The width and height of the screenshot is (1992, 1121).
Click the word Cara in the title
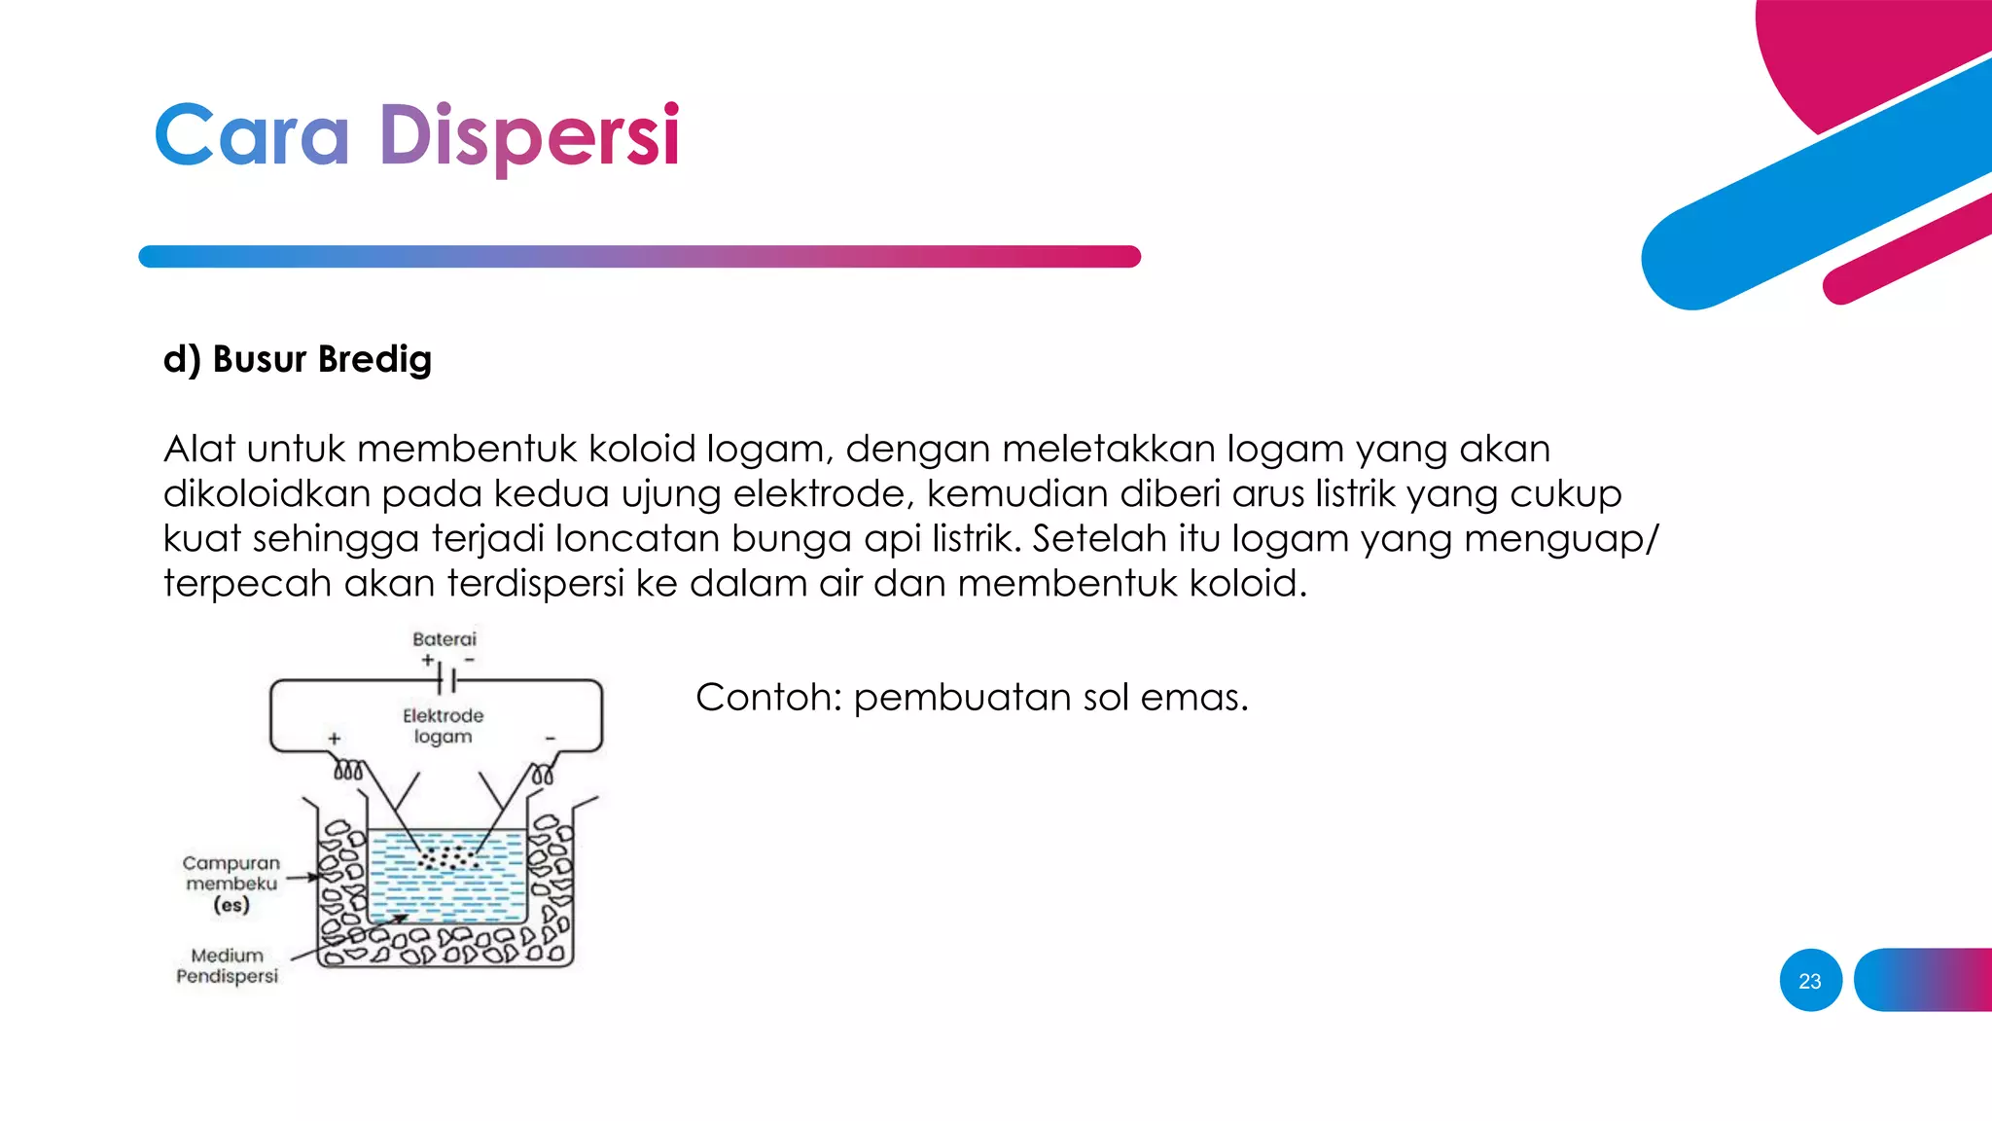pos(252,136)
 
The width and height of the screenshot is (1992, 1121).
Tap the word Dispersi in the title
pos(528,136)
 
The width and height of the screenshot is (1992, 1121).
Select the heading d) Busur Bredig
pos(297,359)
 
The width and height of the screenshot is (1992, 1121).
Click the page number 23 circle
pos(1810,980)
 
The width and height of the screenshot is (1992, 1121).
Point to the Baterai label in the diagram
pos(445,639)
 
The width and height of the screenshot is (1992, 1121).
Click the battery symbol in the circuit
pos(446,679)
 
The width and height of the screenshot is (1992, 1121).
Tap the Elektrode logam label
pos(443,726)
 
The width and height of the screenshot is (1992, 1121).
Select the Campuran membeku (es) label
pos(231,884)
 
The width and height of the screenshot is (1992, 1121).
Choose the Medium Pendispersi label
pos(228,965)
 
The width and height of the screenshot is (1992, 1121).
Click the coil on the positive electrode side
pos(349,772)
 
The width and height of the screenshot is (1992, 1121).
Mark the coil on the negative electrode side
pos(543,775)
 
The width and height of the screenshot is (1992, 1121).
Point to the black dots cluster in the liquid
pos(448,858)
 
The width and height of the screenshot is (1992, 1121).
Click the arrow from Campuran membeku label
pos(302,878)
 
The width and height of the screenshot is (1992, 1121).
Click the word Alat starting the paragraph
pos(199,449)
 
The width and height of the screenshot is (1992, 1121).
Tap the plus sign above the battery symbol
pos(428,660)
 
